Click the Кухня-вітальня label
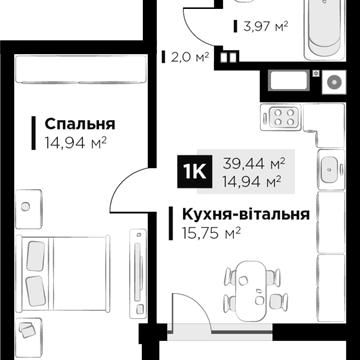click(x=245, y=215)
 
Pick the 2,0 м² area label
click(x=190, y=56)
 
